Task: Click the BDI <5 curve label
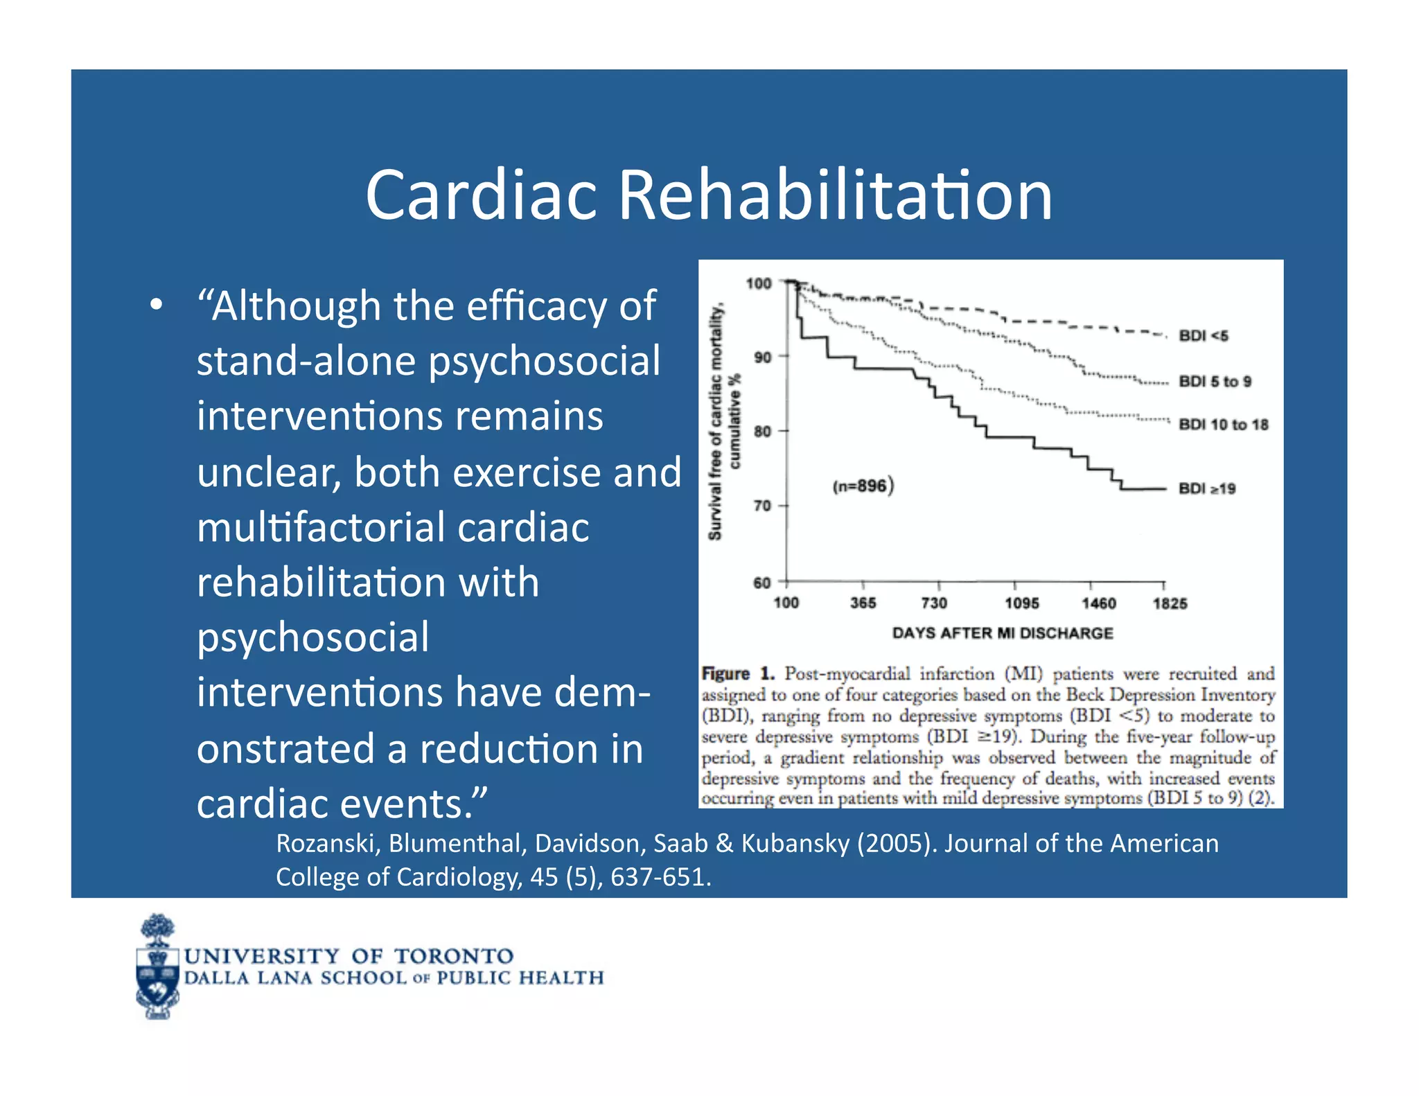coord(1204,336)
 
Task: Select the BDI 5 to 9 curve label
coord(1215,382)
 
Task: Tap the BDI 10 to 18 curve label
coord(1223,425)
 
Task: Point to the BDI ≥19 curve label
coord(1207,489)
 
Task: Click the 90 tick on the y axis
coord(762,357)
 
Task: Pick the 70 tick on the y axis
coord(762,506)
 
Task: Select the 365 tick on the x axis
coord(863,603)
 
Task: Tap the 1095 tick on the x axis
coord(1022,603)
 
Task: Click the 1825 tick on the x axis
coord(1170,603)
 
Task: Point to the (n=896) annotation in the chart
coord(863,486)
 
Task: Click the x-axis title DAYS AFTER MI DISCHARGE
coord(1002,633)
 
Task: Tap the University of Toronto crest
coord(158,967)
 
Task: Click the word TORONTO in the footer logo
coord(454,957)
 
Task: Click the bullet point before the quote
coord(156,306)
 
